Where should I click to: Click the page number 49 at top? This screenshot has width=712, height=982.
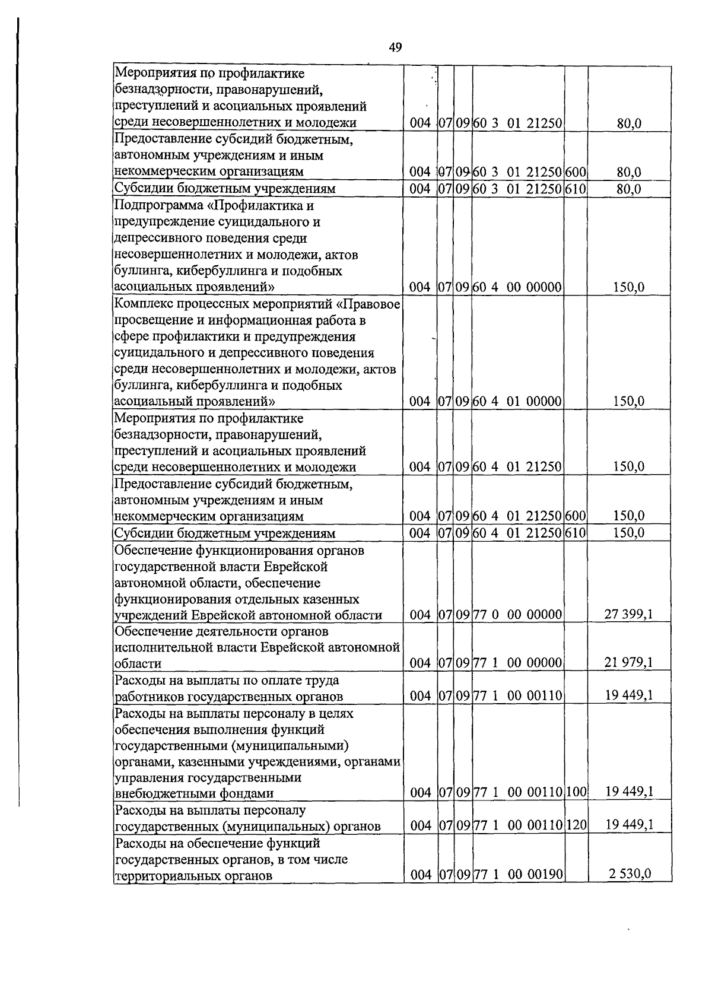(x=396, y=47)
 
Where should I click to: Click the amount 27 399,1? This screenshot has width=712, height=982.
(x=628, y=614)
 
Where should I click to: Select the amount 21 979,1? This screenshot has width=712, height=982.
(x=628, y=663)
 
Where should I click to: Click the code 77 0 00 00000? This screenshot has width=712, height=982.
(x=517, y=614)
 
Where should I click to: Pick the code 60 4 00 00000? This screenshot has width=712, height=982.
(x=517, y=287)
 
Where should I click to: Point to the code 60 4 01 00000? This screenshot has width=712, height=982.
(x=517, y=402)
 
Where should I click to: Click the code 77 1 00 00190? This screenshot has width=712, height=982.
(x=517, y=874)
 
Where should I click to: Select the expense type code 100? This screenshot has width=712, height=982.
(x=576, y=792)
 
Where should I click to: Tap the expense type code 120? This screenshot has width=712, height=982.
(x=576, y=825)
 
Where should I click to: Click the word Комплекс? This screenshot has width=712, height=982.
(x=141, y=304)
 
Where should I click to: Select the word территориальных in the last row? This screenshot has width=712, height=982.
(x=163, y=876)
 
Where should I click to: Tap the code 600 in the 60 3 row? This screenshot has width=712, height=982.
(x=576, y=172)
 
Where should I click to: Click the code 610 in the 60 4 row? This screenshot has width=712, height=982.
(x=576, y=532)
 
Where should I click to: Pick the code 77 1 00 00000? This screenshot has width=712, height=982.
(x=517, y=663)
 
